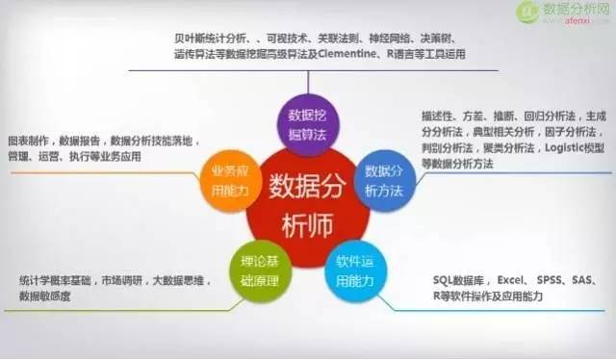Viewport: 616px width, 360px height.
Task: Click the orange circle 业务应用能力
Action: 224,179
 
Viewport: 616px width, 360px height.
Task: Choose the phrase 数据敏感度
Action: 43,297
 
